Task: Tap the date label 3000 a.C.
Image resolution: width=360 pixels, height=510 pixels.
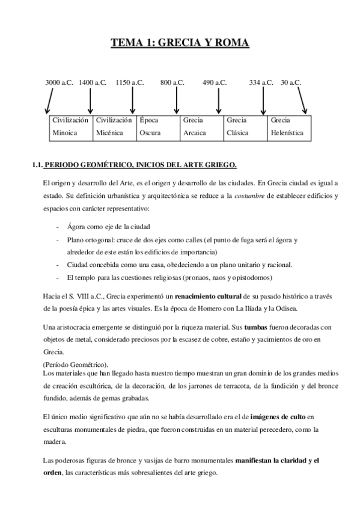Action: (x=59, y=82)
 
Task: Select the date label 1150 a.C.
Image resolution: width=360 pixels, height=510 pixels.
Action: (x=130, y=82)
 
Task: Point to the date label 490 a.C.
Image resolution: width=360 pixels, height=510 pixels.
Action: (x=215, y=82)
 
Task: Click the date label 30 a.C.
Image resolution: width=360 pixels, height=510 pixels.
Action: (x=291, y=82)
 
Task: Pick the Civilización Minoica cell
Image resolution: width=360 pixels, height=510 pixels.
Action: (x=71, y=127)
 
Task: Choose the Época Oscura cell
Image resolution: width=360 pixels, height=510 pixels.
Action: (x=157, y=127)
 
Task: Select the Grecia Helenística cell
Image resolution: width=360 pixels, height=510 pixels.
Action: (x=289, y=127)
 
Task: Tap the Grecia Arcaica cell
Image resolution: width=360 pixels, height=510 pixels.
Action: (x=201, y=127)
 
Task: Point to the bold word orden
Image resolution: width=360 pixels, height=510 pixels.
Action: (x=55, y=472)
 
